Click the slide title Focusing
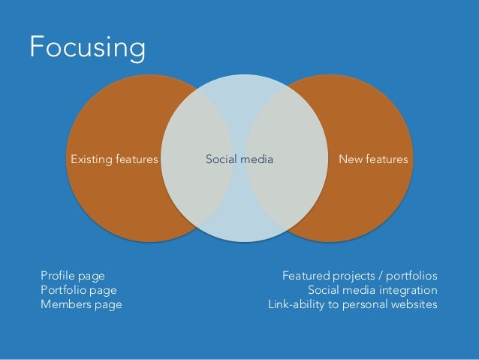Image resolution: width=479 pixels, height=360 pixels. tap(87, 47)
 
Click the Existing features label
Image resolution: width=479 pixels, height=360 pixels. tap(114, 159)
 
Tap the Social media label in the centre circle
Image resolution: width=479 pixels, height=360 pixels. tap(239, 159)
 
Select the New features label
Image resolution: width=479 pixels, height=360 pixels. tap(373, 159)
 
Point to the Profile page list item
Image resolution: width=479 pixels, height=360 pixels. tap(73, 275)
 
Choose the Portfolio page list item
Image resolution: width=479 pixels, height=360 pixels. tap(79, 290)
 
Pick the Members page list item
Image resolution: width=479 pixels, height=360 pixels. tap(81, 305)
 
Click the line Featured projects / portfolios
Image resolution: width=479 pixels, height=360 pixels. tap(360, 275)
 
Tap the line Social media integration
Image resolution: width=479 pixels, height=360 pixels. tap(372, 290)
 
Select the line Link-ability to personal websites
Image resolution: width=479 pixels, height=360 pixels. tap(353, 305)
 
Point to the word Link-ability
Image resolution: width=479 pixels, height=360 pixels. tap(294, 305)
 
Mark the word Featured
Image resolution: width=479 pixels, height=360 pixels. tap(306, 275)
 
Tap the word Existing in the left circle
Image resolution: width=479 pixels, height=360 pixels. tap(92, 159)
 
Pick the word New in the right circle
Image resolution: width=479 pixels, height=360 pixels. tap(350, 159)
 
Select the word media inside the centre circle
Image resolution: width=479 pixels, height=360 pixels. tap(257, 159)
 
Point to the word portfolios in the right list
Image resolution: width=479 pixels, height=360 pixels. tap(413, 275)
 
